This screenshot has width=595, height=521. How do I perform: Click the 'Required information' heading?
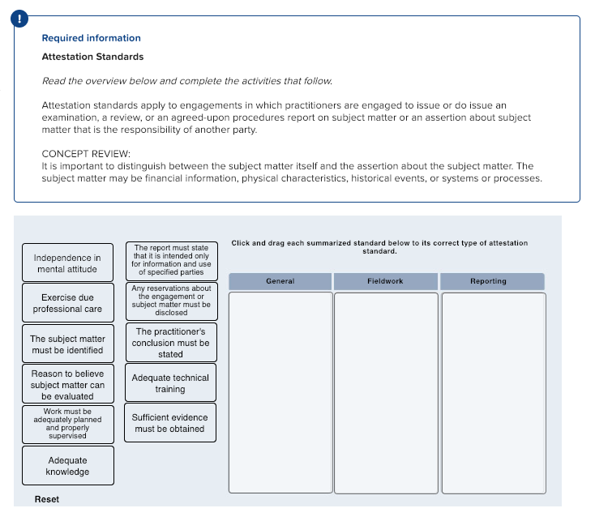(91, 38)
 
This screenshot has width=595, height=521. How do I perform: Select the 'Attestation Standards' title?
(92, 57)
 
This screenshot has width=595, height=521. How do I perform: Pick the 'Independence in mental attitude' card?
(67, 263)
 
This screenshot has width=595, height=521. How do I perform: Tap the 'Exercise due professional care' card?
(67, 303)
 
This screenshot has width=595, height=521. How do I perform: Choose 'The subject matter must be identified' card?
(67, 344)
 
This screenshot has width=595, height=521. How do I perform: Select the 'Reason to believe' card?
(67, 385)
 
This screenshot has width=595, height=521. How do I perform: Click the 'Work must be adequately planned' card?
(67, 424)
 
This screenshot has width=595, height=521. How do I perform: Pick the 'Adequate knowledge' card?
(67, 466)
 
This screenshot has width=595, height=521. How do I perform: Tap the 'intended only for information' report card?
(170, 260)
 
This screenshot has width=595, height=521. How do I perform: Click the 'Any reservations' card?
(170, 301)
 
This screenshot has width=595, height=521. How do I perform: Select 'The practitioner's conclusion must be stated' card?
(170, 343)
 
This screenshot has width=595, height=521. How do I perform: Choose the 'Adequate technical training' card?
(170, 383)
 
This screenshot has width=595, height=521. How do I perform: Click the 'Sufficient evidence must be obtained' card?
(170, 423)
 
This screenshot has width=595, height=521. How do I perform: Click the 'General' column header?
(280, 281)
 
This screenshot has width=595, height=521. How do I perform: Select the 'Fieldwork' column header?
(385, 281)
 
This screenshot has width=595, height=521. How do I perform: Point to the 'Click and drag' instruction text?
(379, 246)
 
